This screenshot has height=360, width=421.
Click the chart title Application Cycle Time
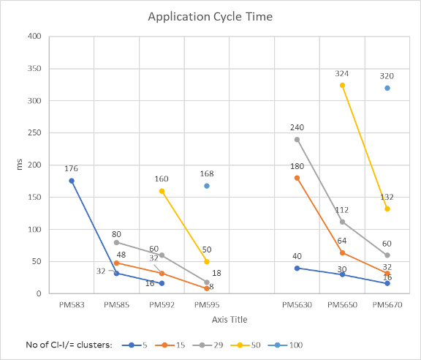point(210,16)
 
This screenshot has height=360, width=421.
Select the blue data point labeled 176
point(72,181)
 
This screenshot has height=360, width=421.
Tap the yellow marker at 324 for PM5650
point(342,86)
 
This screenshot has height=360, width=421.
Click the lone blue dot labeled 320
point(387,88)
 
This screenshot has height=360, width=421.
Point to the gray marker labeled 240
point(297,139)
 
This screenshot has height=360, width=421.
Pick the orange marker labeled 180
point(297,178)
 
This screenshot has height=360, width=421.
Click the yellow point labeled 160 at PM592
point(162,191)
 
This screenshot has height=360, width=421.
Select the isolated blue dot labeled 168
point(207,186)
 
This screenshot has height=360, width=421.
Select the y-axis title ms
point(11,165)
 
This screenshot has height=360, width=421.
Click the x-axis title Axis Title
point(230,319)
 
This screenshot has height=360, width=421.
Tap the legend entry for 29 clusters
point(212,345)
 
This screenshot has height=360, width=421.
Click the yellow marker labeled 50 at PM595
point(207,261)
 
